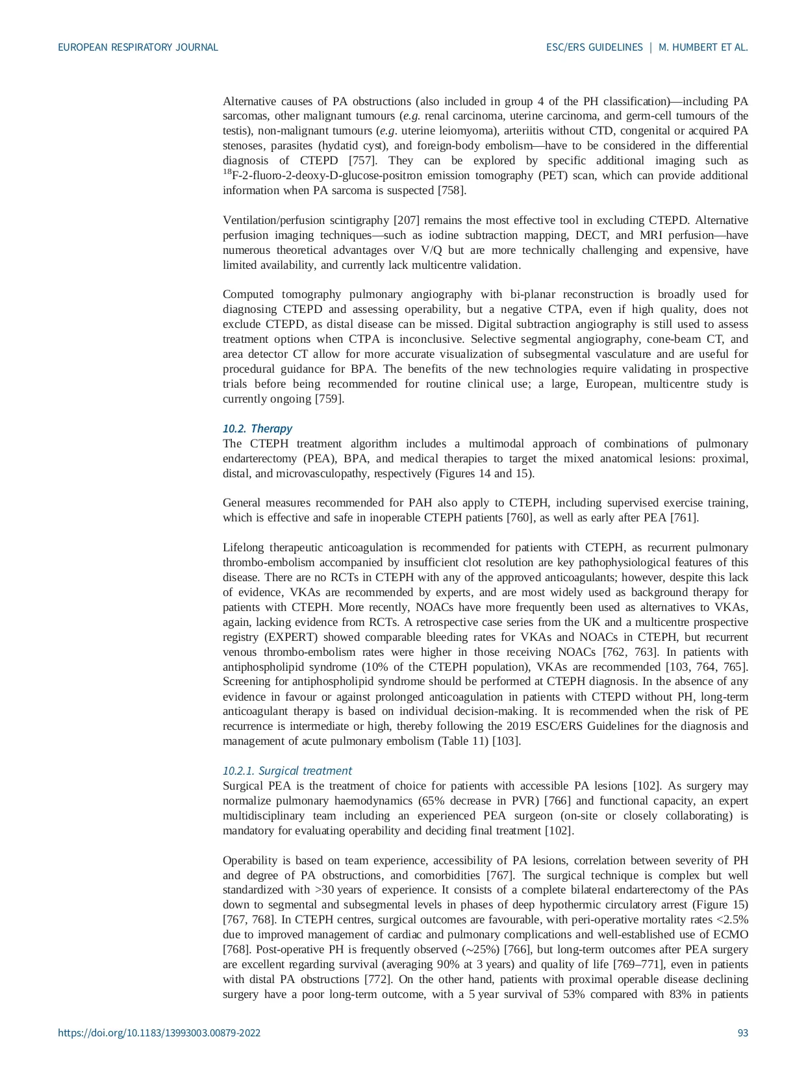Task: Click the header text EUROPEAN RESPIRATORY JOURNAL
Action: (138, 47)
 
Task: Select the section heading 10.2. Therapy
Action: (257, 429)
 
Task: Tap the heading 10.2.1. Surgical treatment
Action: (287, 771)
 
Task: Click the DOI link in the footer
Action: (159, 1033)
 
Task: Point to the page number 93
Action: (743, 1033)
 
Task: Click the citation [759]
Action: (329, 399)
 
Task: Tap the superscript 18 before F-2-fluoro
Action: (227, 172)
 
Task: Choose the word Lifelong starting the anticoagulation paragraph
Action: (244, 547)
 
